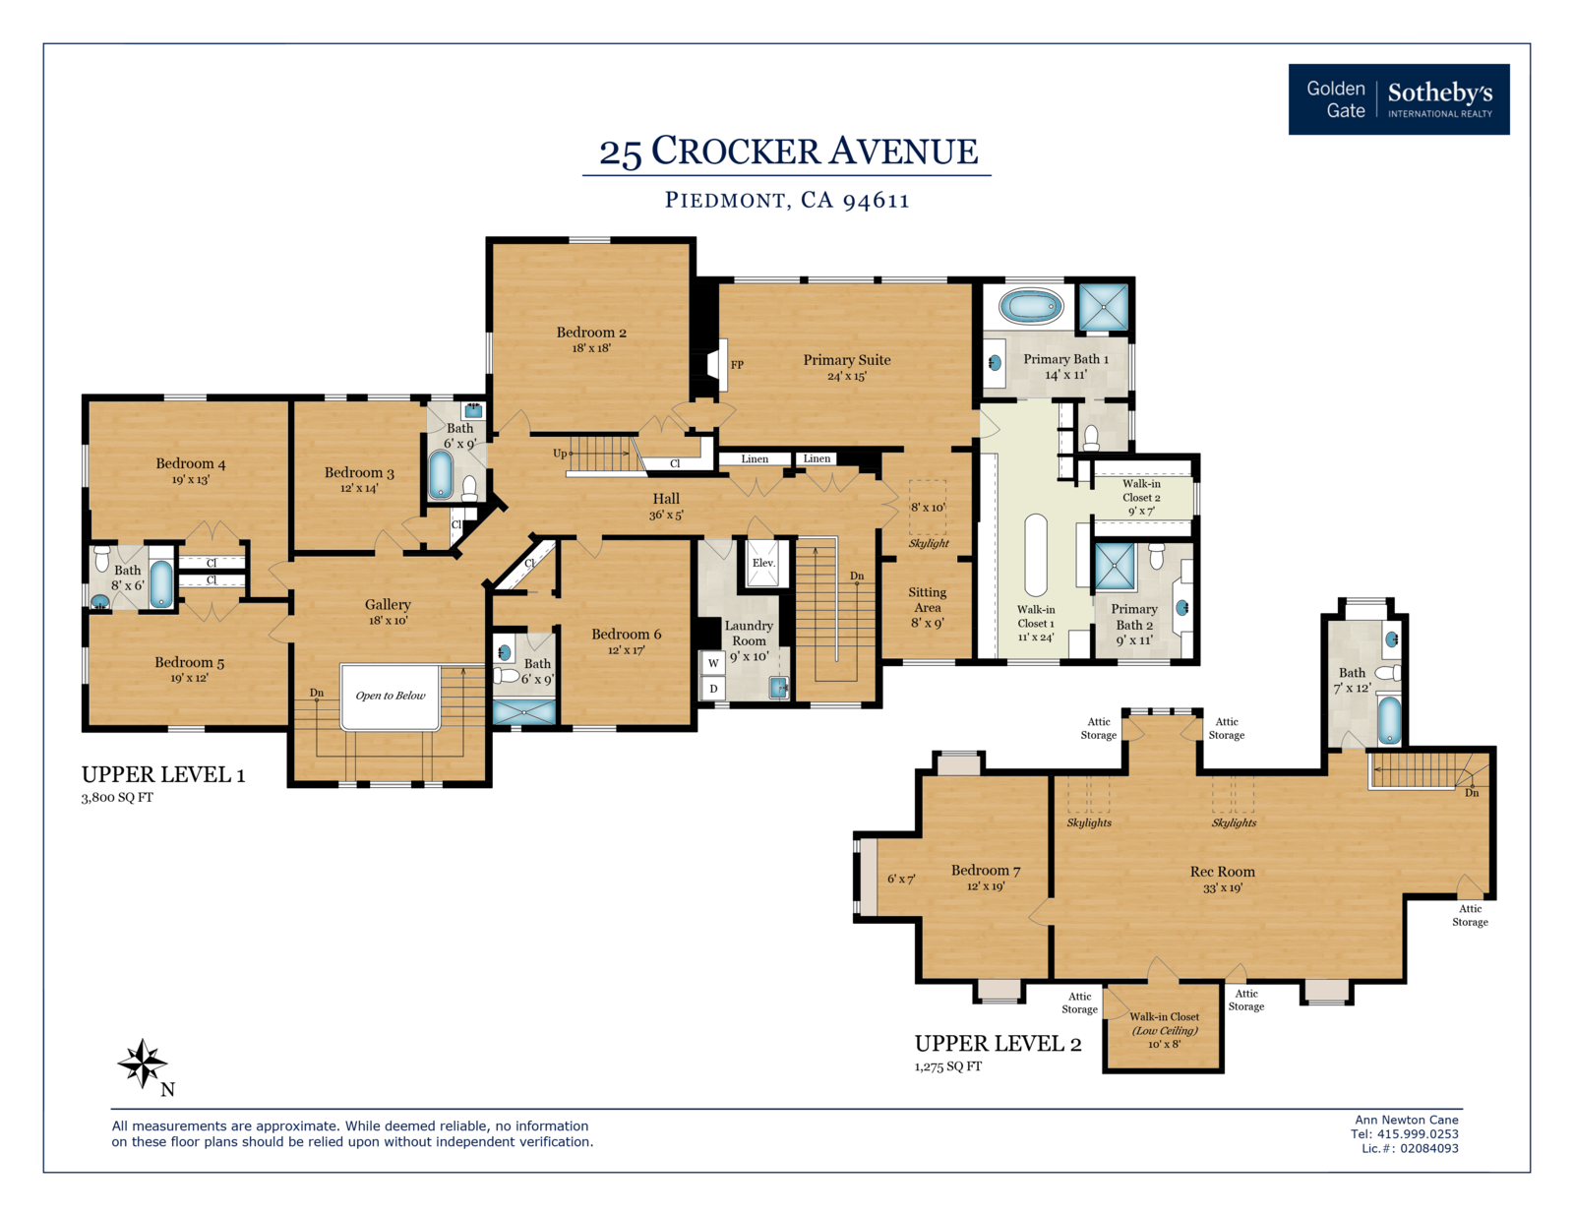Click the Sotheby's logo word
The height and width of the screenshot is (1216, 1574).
1439,92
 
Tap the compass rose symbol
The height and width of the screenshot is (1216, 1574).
143,1064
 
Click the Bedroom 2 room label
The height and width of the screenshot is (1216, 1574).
591,333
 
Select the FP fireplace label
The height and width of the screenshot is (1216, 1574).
737,365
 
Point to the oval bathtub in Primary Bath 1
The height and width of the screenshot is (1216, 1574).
1031,306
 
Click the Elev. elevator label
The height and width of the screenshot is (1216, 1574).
763,563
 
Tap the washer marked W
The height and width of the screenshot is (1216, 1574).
713,663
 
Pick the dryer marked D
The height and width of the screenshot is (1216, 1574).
713,688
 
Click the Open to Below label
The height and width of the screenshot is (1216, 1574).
391,696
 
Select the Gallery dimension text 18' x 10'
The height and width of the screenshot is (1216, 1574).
389,621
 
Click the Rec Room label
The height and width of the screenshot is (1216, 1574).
1222,872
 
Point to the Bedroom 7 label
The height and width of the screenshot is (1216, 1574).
985,870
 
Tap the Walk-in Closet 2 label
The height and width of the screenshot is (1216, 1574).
1141,490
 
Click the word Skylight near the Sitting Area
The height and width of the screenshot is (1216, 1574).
929,543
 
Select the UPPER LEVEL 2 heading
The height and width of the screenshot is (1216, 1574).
998,1044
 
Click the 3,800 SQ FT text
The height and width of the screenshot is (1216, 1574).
117,798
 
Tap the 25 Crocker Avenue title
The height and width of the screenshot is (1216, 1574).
788,152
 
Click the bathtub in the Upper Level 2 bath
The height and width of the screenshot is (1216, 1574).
1389,718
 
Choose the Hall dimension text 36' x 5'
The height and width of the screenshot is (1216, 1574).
666,516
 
